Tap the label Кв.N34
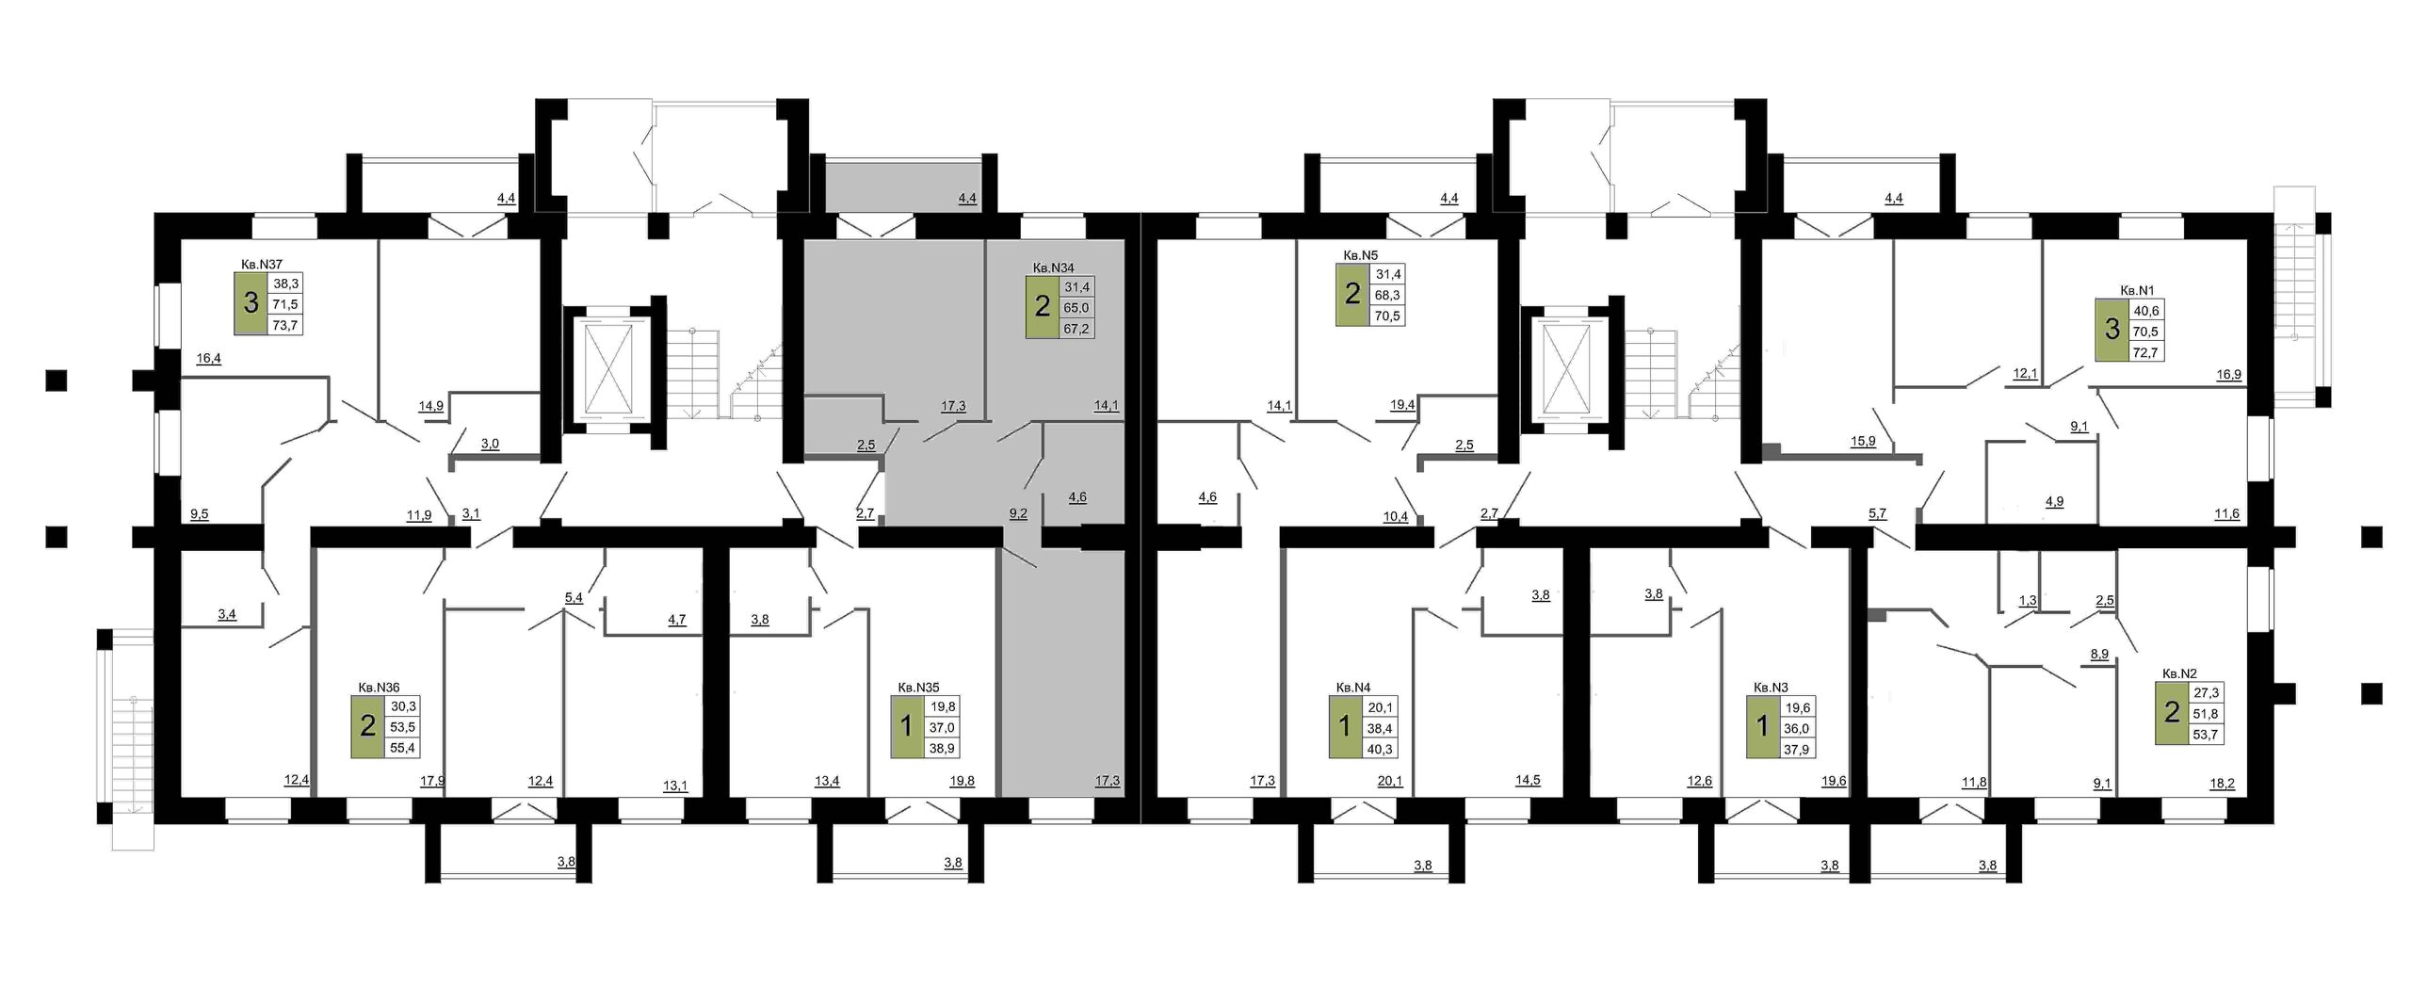(1053, 267)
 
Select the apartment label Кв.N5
(1361, 254)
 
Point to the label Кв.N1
(2129, 291)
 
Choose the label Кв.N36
(379, 688)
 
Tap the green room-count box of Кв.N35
(907, 727)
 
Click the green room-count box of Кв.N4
(1345, 727)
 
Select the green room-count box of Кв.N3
(1763, 727)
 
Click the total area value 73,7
(285, 324)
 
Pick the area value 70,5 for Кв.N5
(1388, 316)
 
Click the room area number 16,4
(208, 358)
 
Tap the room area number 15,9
(1863, 441)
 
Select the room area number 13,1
(675, 785)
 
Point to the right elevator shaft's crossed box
(1561, 367)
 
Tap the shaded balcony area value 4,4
(967, 199)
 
